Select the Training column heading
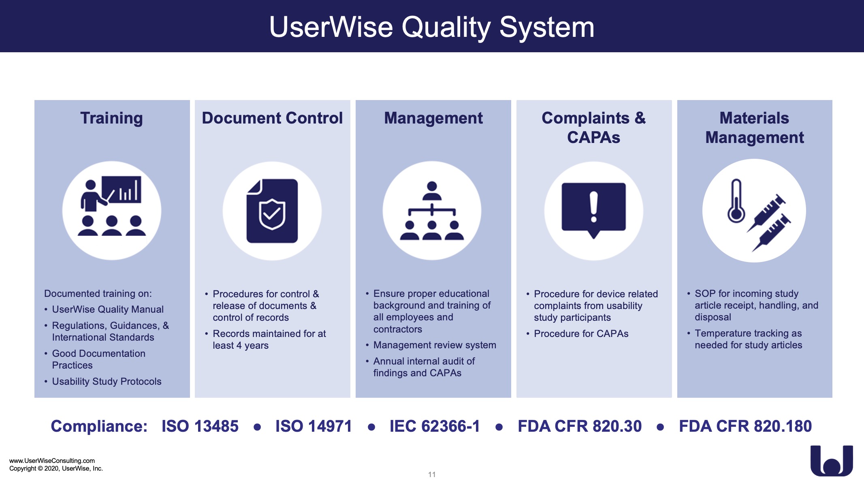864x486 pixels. coord(111,118)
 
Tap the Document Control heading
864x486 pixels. coord(272,118)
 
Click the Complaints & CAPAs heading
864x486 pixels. coord(593,128)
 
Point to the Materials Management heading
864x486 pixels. coord(754,128)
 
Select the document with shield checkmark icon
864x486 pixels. coord(272,211)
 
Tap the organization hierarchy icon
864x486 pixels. coord(432,211)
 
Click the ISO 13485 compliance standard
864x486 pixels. coord(200,426)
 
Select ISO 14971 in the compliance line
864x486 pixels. coord(314,426)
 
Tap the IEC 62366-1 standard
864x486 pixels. coord(435,426)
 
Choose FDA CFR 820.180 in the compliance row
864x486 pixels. coord(745,426)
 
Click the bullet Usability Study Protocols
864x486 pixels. coord(107,382)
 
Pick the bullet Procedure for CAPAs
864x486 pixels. coord(581,334)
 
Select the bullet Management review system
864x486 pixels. coord(435,345)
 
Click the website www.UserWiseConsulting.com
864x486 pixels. coord(52,460)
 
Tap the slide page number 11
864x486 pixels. coord(432,474)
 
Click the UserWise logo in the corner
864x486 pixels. coord(832,461)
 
